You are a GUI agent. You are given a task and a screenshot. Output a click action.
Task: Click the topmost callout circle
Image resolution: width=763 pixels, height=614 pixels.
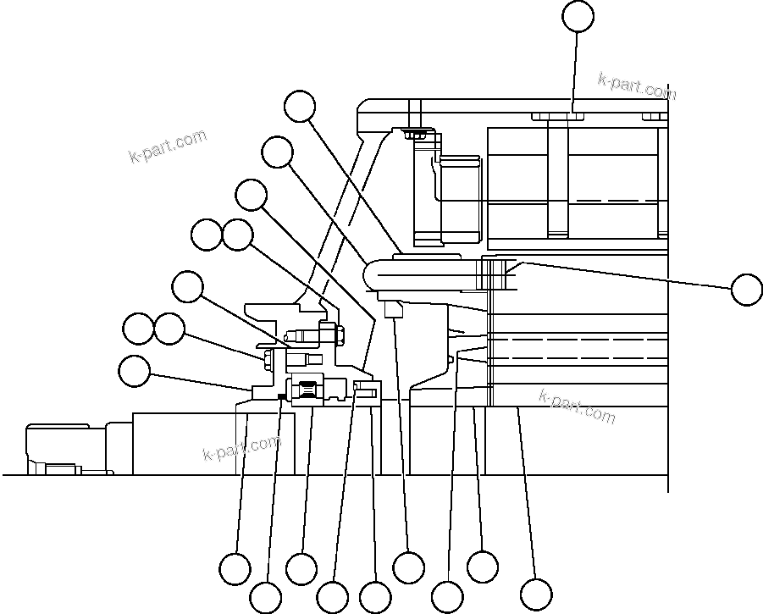578,16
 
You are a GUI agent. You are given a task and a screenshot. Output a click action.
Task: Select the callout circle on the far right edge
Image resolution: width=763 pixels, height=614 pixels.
746,289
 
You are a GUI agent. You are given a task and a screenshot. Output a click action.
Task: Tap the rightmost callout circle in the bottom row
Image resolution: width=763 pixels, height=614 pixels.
535,593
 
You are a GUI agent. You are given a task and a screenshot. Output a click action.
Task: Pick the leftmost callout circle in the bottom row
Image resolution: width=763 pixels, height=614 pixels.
235,568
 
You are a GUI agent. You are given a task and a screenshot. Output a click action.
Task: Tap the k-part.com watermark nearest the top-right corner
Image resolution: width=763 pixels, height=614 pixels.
637,86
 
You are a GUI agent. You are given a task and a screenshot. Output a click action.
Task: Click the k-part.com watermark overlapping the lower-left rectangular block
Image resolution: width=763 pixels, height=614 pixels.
241,448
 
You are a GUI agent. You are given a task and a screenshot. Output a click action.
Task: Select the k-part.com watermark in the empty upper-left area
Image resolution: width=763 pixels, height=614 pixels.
167,147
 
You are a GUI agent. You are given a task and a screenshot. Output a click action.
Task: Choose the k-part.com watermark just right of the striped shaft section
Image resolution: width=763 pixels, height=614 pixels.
577,406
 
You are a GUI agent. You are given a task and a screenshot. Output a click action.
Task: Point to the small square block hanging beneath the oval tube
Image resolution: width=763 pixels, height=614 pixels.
392,310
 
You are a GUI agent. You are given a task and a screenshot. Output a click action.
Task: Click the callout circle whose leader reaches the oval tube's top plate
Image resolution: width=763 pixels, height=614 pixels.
299,107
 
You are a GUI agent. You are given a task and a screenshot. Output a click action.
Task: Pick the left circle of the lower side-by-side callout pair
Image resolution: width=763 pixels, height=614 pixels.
137,329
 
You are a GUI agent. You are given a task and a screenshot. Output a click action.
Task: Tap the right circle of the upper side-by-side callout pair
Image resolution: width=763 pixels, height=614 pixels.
237,235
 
